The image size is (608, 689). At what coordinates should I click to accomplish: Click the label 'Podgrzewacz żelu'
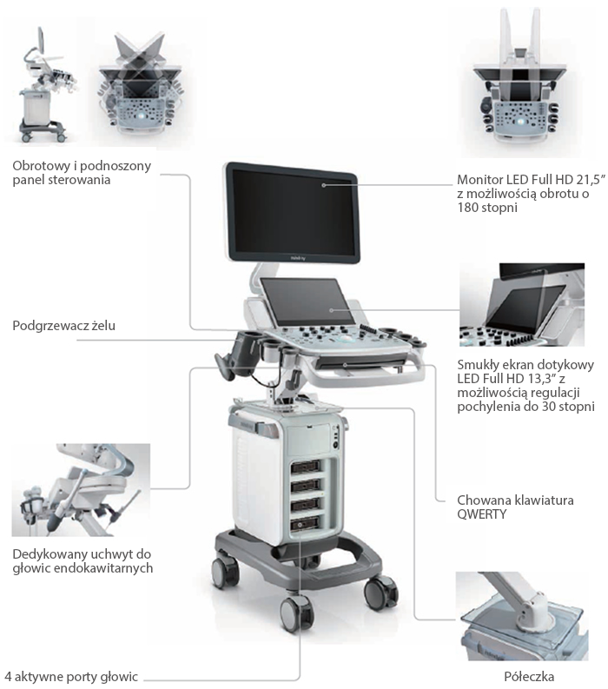pos(63,326)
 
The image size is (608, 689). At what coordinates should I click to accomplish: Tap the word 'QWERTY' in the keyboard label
pos(482,514)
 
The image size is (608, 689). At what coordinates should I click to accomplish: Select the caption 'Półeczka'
pos(529,676)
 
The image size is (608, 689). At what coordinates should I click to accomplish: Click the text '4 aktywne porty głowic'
pos(71,677)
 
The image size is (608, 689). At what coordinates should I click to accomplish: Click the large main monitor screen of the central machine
pos(294,213)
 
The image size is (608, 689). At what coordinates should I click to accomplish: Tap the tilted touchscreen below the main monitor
pos(308,301)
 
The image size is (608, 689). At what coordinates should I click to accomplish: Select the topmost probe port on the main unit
pos(306,467)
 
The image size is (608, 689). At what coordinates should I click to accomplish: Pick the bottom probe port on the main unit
pos(306,523)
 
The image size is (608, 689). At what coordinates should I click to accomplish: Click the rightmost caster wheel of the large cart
pos(380,593)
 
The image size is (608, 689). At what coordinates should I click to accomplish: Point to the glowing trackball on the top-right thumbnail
pos(520,122)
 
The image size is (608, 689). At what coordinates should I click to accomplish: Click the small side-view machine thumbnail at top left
pos(43,84)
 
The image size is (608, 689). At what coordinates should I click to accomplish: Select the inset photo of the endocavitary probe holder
pos(81,490)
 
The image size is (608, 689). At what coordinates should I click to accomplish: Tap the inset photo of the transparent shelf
pos(521,616)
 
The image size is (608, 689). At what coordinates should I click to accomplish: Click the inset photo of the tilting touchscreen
pos(522,305)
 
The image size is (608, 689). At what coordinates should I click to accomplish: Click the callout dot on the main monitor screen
pos(324,185)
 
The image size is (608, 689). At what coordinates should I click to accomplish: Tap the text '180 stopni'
pos(487,208)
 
